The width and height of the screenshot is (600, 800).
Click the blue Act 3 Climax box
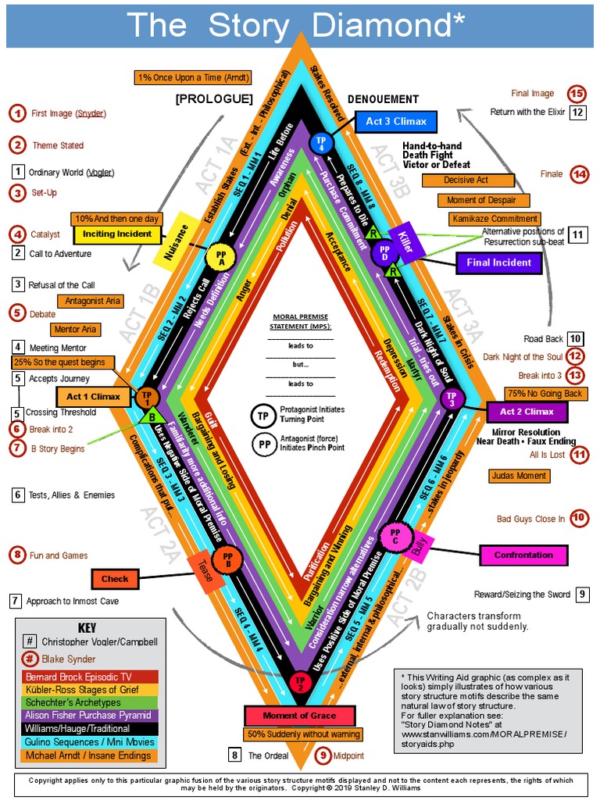[395, 122]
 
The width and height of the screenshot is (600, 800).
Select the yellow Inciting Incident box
[118, 234]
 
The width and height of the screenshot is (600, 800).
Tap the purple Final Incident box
[498, 262]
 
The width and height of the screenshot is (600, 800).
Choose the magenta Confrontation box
[523, 555]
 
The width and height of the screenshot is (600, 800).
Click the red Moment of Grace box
[300, 715]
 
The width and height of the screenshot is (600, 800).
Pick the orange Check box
[115, 579]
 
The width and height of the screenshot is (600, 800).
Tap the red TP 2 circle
[299, 681]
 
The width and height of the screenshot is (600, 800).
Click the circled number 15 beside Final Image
[577, 94]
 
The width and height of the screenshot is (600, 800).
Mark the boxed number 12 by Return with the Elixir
[577, 112]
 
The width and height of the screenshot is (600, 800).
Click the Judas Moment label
[520, 475]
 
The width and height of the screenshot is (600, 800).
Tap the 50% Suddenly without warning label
[303, 734]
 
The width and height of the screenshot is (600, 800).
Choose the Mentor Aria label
[75, 330]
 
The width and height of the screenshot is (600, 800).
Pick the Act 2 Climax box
[527, 412]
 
